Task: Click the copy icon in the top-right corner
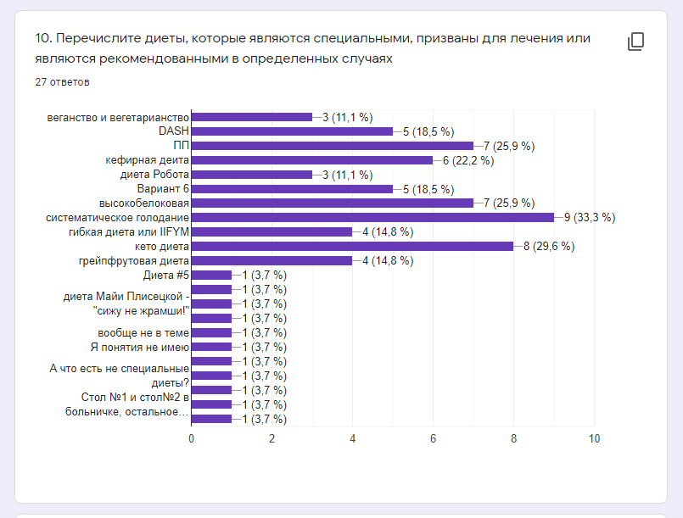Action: [635, 42]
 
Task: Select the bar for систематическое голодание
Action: [372, 218]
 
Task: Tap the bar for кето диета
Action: [352, 247]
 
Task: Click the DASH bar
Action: [292, 131]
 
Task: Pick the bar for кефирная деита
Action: [312, 160]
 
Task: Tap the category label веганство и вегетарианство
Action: [118, 117]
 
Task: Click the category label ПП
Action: [181, 146]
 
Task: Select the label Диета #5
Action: [165, 276]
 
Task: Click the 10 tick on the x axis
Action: [594, 438]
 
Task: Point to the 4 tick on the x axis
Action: [352, 438]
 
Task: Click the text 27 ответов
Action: [62, 82]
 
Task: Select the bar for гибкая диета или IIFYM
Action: [272, 232]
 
